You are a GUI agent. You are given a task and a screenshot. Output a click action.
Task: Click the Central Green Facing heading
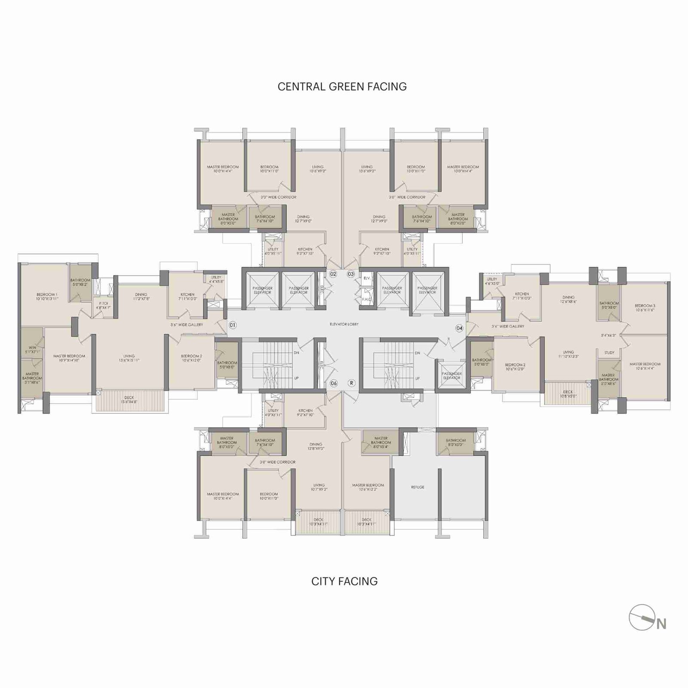point(342,86)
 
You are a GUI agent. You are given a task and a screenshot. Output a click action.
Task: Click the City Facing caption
point(344,581)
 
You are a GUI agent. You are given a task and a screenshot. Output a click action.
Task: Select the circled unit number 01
point(232,325)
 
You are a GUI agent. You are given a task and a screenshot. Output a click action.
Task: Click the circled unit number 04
point(459,328)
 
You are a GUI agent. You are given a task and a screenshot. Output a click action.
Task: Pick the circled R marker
point(351,383)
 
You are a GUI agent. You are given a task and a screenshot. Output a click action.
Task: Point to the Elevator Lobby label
point(344,324)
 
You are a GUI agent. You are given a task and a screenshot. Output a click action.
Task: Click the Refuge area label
point(418,487)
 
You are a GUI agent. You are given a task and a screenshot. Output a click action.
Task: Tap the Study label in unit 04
point(609,353)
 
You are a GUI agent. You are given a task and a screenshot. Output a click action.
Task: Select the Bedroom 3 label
point(645,308)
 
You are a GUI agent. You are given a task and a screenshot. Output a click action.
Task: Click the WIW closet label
point(33,349)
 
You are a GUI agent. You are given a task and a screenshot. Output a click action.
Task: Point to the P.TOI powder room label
point(103,306)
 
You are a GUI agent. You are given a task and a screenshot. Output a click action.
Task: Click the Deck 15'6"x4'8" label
point(129,400)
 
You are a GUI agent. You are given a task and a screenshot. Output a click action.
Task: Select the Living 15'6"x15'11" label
point(129,358)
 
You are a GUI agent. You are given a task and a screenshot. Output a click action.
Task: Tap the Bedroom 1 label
point(47,297)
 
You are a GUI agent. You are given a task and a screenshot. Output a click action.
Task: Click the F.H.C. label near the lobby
point(366,299)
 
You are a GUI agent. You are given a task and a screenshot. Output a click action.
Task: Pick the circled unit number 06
point(333,383)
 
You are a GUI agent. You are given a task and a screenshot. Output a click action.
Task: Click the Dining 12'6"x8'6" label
point(568,299)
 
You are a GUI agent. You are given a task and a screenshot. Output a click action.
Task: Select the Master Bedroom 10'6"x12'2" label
point(368,487)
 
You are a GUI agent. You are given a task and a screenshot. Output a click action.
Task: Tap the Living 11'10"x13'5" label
point(568,354)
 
